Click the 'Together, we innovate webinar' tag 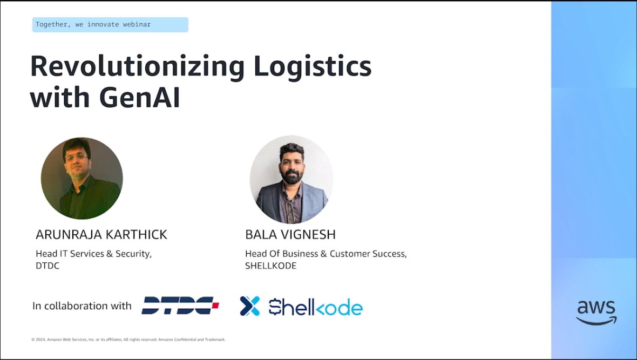point(110,24)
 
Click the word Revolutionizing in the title point(138,66)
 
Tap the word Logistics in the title point(313,66)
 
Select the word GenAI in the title point(139,97)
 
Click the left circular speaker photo point(82,178)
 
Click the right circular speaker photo point(292,179)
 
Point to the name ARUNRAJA point(67,234)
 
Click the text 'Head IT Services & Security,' point(94,254)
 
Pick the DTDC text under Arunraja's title point(48,266)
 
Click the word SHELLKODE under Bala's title point(270,266)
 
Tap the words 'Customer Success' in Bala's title point(368,254)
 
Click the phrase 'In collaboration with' point(82,305)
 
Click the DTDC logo point(180,305)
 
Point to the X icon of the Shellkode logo point(250,306)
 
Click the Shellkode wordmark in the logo point(316,307)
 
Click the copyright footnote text point(128,339)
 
